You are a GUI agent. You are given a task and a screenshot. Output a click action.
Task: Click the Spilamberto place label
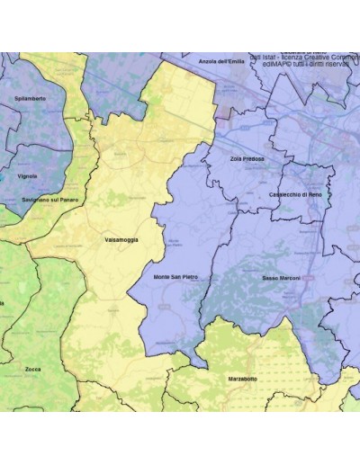point(31,96)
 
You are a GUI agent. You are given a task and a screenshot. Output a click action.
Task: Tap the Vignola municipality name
point(27,176)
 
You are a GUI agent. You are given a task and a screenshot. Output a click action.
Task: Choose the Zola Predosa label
point(247,158)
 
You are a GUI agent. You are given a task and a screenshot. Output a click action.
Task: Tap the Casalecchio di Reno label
point(295,194)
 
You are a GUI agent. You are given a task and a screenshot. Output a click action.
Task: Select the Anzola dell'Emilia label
point(221,61)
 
